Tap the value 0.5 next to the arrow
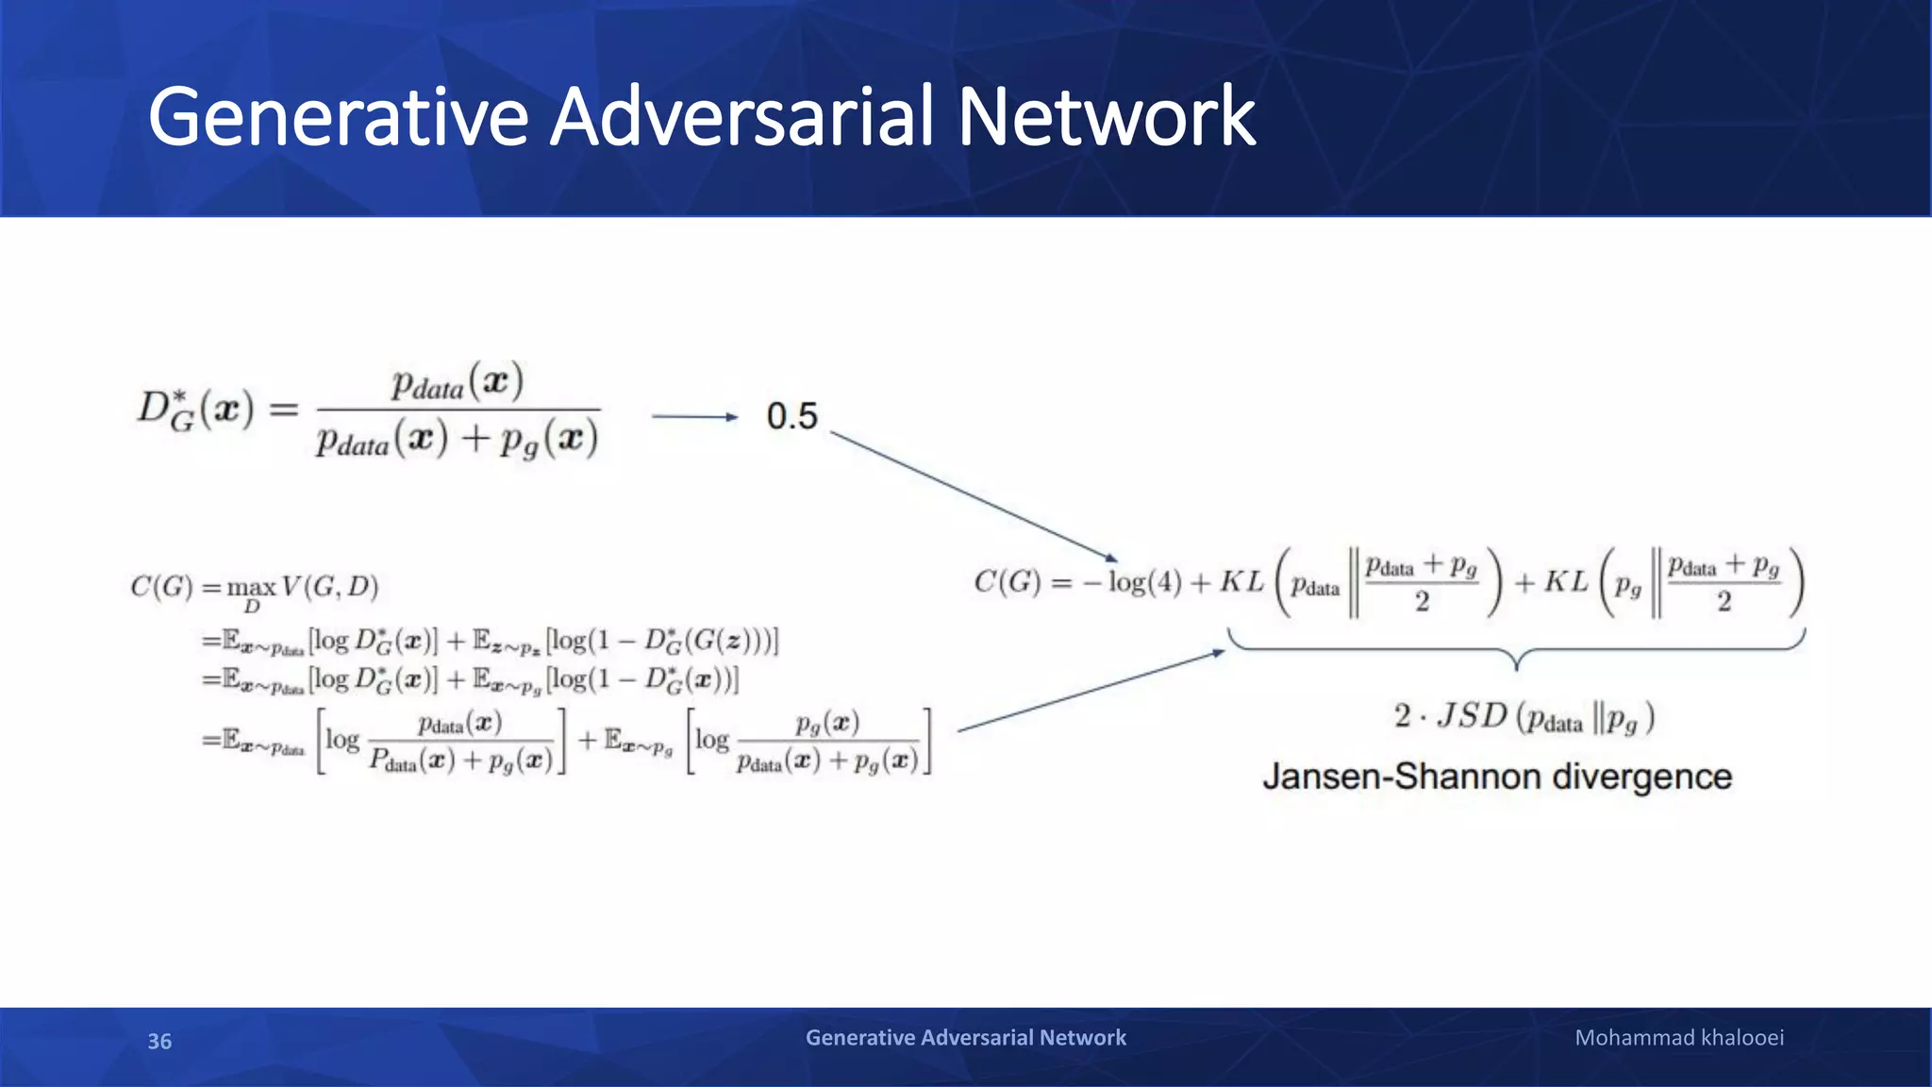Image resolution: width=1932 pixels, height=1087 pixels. [x=791, y=416]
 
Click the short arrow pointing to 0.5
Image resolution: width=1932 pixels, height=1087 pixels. [x=694, y=416]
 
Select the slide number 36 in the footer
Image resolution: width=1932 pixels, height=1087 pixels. [x=159, y=1041]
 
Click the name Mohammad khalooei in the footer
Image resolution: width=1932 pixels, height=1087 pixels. [x=1679, y=1038]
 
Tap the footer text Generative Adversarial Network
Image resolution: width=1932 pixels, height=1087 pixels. [x=965, y=1038]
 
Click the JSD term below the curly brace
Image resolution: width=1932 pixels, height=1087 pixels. [x=1472, y=716]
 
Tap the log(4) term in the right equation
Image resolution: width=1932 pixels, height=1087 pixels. [x=1144, y=582]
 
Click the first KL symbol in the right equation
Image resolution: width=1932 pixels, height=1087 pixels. [x=1241, y=582]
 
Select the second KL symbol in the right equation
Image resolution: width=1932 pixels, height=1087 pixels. [x=1566, y=582]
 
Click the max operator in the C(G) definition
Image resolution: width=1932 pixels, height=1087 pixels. [x=251, y=589]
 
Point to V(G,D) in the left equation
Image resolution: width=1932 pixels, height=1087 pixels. [x=329, y=587]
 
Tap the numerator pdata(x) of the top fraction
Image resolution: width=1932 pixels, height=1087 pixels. [x=458, y=383]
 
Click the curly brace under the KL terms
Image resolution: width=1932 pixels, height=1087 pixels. [x=1516, y=649]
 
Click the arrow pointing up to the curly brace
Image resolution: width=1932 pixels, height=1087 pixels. [x=1090, y=691]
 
